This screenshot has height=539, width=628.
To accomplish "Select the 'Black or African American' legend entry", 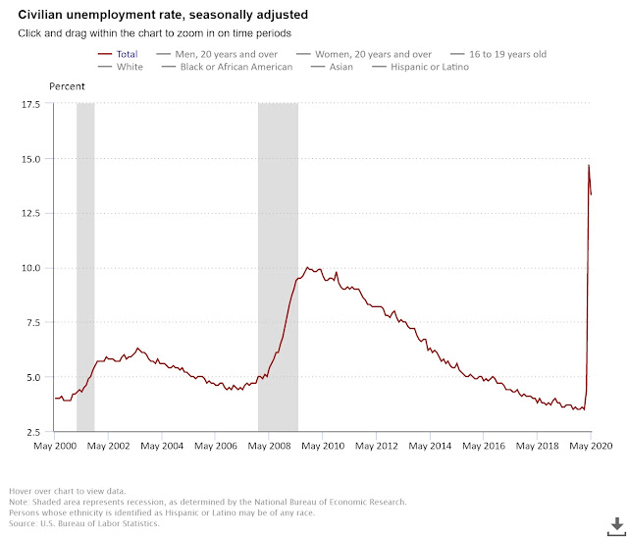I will pos(235,67).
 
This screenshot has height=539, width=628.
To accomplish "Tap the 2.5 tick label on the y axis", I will pos(31,432).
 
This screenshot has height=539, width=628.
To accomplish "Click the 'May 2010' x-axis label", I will pos(322,447).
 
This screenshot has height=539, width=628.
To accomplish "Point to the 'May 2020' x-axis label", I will pos(591,447).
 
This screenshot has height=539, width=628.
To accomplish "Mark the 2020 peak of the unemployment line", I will pos(589,165).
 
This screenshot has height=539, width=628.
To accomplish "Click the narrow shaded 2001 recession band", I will pos(85,265).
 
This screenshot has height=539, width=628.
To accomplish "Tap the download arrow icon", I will pos(615,523).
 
